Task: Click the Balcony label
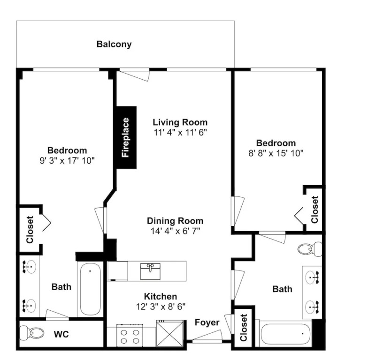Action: (114, 44)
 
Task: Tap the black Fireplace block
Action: (127, 138)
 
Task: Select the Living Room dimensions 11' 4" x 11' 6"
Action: (180, 133)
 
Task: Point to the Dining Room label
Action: (175, 221)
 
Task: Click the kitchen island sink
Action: (150, 271)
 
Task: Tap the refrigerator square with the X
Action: (170, 334)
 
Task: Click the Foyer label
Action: (207, 322)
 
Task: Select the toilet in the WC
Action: (31, 333)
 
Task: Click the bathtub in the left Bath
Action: (91, 289)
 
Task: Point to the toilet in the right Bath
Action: (310, 249)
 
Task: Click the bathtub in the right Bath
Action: (286, 334)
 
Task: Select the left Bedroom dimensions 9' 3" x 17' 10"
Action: (67, 161)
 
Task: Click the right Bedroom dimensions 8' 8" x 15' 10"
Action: (276, 154)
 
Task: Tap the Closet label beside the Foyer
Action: (244, 327)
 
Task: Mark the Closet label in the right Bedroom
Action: (314, 210)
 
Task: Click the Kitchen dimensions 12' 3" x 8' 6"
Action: (161, 307)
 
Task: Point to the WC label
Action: (61, 334)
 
